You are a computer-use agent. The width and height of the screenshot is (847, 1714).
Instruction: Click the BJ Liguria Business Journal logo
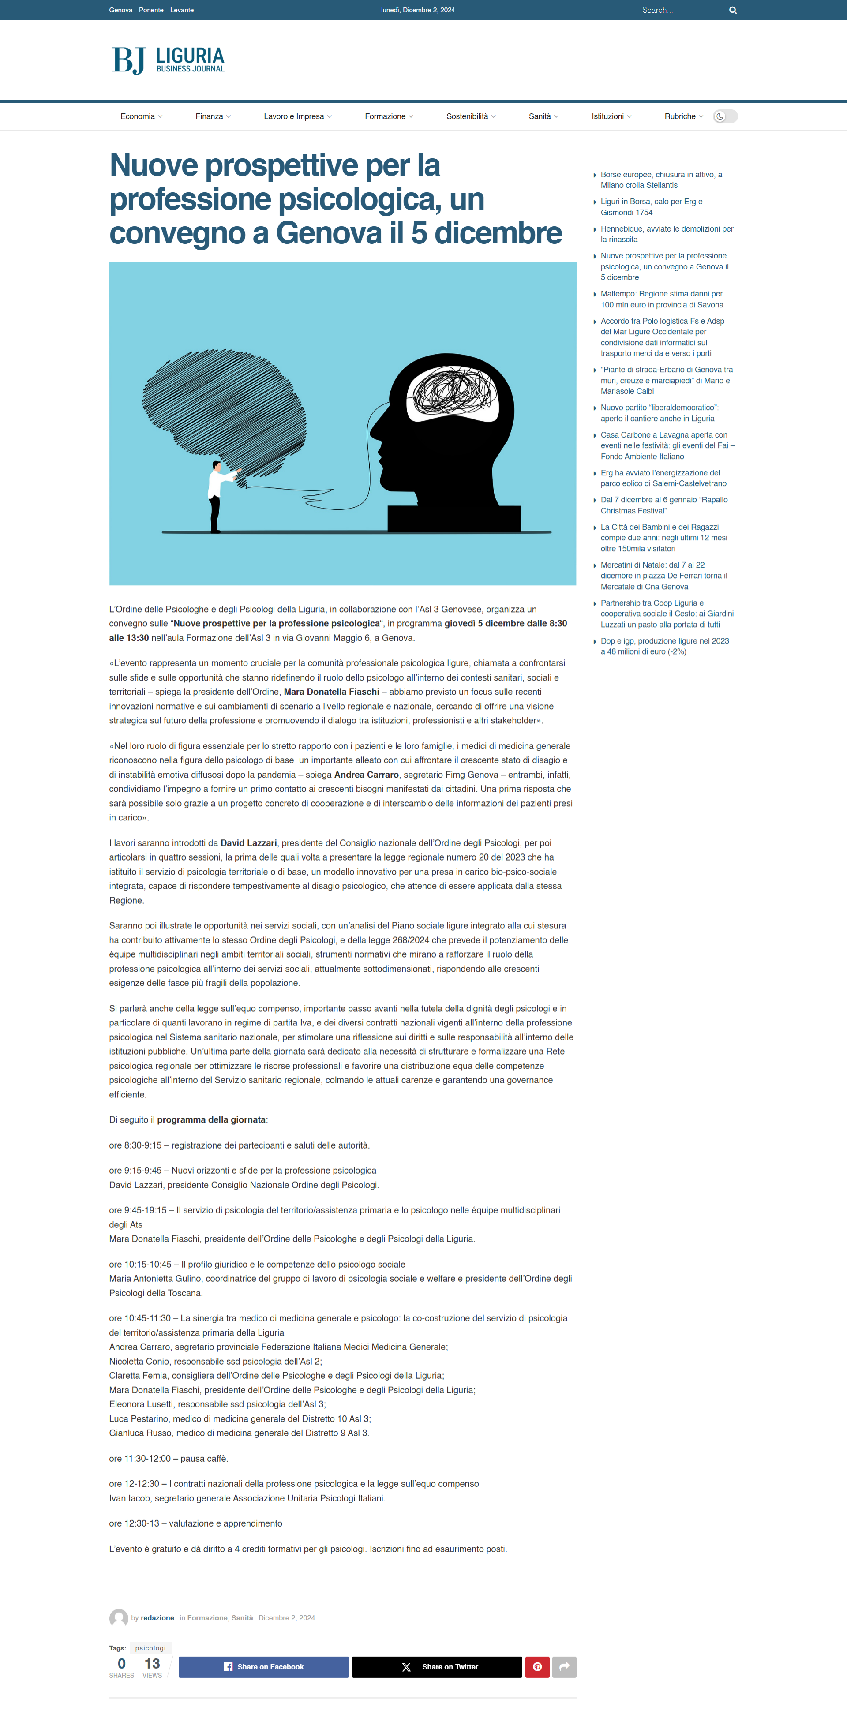point(168,60)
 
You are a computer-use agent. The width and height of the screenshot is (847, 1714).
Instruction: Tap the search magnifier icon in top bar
point(733,10)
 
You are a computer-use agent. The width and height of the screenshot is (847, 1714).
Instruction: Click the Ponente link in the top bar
point(151,10)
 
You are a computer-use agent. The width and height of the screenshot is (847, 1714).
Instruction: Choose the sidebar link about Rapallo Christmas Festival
point(663,505)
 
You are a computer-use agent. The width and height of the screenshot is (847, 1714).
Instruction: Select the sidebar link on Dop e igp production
point(664,646)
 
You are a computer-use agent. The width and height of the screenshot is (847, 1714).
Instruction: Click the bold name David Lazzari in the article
point(248,843)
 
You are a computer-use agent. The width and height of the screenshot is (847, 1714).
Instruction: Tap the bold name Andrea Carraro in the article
point(366,775)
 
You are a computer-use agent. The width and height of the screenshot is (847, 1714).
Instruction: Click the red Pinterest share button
point(537,1667)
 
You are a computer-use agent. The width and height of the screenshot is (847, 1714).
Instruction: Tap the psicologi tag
point(150,1648)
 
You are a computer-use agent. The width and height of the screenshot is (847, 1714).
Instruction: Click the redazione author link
point(157,1618)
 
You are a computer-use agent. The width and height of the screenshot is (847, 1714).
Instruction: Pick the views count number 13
point(152,1663)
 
